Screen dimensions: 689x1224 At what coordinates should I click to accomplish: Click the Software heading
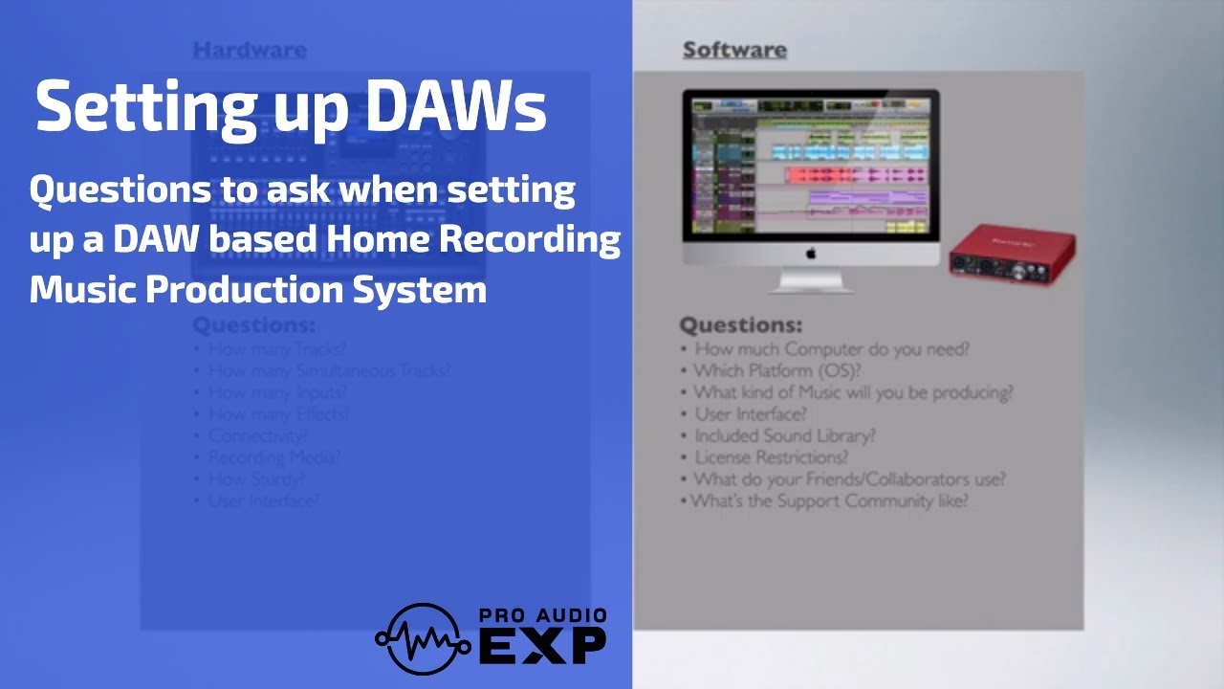click(x=734, y=50)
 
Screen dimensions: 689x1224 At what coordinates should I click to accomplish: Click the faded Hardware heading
click(x=250, y=50)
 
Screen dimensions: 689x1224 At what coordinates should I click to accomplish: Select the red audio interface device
click(x=1011, y=252)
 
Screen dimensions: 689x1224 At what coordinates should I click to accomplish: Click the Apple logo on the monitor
click(x=811, y=254)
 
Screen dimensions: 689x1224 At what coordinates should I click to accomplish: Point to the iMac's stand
click(x=811, y=280)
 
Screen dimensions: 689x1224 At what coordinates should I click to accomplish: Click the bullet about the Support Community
click(x=829, y=500)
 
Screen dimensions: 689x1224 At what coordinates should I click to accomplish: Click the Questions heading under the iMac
click(x=740, y=324)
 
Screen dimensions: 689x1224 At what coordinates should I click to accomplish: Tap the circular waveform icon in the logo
click(x=422, y=638)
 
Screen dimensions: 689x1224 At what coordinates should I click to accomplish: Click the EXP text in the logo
click(x=541, y=646)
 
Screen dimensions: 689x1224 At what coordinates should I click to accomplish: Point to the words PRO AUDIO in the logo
click(x=541, y=616)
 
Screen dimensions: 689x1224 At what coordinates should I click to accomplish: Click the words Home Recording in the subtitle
click(x=472, y=239)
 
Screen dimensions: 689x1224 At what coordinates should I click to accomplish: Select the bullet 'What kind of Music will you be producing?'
click(x=852, y=392)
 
